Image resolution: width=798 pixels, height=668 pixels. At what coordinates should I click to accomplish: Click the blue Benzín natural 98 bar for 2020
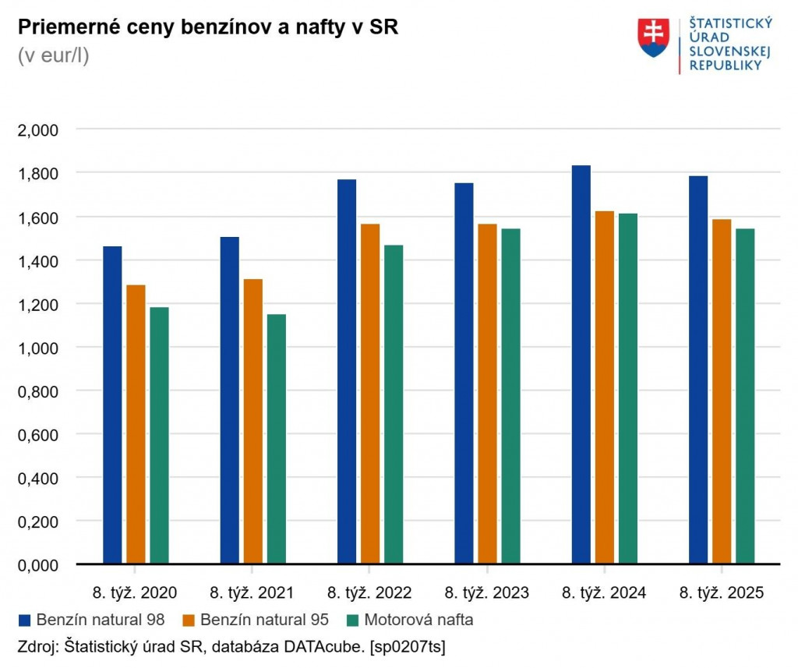112,405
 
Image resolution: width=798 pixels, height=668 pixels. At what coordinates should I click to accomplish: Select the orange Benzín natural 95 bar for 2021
252,421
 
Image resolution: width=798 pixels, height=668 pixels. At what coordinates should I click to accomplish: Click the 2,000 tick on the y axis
38,129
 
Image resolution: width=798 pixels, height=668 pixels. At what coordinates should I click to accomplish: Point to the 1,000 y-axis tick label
38,347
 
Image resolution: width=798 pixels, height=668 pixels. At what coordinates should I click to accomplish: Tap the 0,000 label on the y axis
38,564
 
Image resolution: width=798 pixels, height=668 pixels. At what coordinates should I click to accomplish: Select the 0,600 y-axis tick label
38,434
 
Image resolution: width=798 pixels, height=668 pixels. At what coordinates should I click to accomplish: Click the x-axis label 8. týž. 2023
487,593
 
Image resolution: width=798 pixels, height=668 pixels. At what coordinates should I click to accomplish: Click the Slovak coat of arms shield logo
653,37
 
